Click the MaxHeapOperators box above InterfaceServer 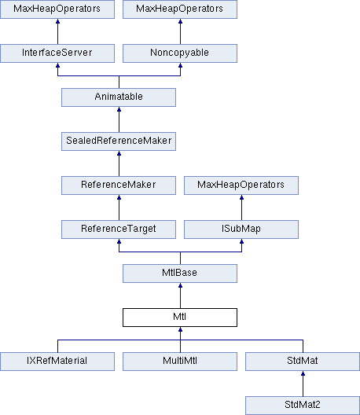[57, 9]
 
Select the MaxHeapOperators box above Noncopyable [180, 9]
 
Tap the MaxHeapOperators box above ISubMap [241, 185]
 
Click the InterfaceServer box [57, 53]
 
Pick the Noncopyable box [180, 53]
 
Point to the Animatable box [119, 97]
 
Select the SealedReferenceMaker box [119, 141]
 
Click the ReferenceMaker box [119, 185]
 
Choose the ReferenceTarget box [119, 230]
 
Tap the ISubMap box [241, 230]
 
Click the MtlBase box [180, 274]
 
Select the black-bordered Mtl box [180, 318]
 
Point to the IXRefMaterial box [57, 362]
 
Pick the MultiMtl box [180, 362]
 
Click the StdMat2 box [303, 406]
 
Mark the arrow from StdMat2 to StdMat [303, 384]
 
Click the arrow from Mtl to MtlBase [180, 296]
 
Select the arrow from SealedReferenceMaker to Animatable [119, 119]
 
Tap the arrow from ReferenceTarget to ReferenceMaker [119, 207]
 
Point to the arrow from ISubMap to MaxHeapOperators [241, 207]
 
